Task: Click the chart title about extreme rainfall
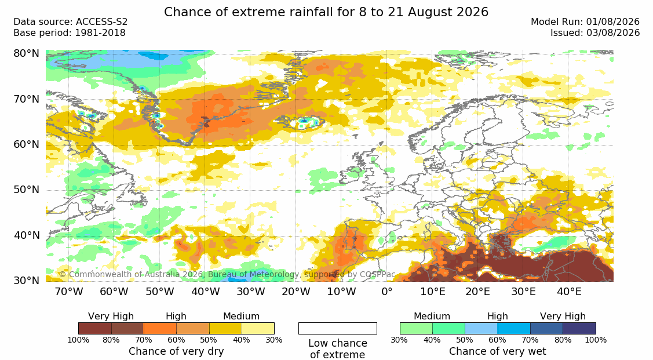pos(326,12)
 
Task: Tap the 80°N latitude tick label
pos(26,53)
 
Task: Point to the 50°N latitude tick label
pos(26,190)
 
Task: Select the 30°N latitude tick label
pos(26,281)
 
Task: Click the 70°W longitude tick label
pos(69,292)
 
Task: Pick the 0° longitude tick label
pos(387,292)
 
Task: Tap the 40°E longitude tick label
pos(570,292)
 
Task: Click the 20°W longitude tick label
pos(296,292)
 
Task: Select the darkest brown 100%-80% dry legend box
pos(94,328)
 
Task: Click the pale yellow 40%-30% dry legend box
pos(258,328)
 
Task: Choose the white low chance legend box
pos(338,328)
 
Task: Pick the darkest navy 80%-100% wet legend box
pos(579,328)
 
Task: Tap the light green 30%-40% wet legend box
pos(416,328)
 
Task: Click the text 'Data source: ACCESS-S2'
pos(70,22)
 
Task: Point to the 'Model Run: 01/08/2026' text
pos(585,22)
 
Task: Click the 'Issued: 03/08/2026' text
pos(595,33)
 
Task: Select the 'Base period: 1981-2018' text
pos(69,33)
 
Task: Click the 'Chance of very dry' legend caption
pos(176,351)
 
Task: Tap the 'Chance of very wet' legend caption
pos(498,351)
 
